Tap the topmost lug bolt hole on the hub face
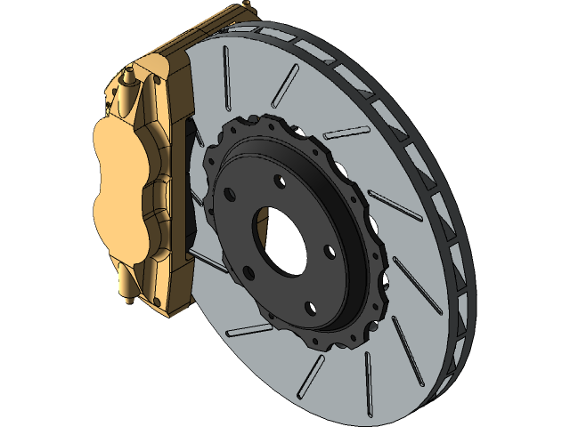[x=279, y=182]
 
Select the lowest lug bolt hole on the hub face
[x=308, y=309]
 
